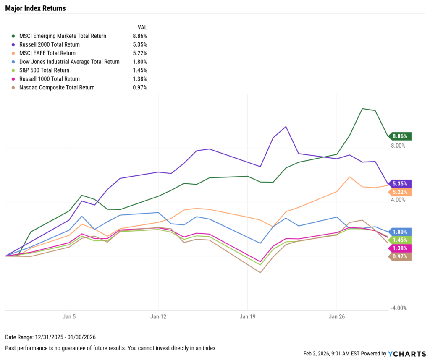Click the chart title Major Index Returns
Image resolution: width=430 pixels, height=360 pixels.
pos(35,8)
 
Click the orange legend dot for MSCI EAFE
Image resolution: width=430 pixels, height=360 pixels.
pos(15,53)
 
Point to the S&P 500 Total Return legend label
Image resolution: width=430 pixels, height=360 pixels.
pos(44,70)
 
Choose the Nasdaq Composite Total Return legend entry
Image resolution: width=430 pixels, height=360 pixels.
pos(57,88)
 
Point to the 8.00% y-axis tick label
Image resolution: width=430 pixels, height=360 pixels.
pos(398,146)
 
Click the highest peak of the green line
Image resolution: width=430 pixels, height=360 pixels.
pos(362,108)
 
